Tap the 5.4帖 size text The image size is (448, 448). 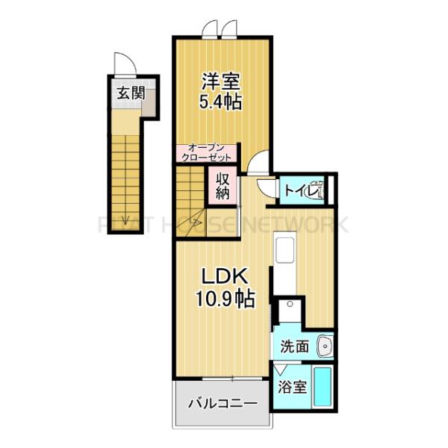pyautogui.click(x=220, y=102)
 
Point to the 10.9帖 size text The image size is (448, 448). pyautogui.click(x=224, y=299)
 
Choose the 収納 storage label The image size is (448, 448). pyautogui.click(x=223, y=185)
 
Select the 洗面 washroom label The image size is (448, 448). pyautogui.click(x=294, y=346)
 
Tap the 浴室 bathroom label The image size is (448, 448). pyautogui.click(x=292, y=387)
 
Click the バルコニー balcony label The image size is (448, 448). pyautogui.click(x=222, y=404)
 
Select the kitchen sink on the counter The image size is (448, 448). pyautogui.click(x=284, y=250)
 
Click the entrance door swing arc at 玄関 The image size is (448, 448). pyautogui.click(x=121, y=64)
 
